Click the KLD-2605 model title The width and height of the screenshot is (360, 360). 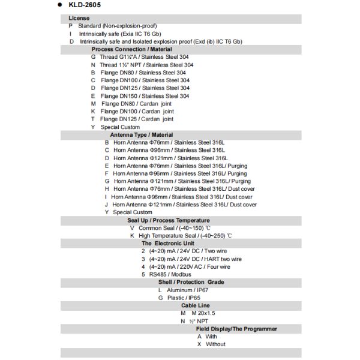click(84, 5)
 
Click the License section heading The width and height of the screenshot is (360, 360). click(79, 19)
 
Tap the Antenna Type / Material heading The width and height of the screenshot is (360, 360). click(142, 135)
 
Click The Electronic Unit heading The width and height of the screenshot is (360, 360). click(168, 244)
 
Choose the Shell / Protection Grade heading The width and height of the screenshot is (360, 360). click(191, 282)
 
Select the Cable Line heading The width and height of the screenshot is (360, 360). click(196, 305)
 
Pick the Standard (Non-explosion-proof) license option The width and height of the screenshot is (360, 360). click(117, 26)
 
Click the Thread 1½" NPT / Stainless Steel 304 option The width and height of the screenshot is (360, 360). click(146, 65)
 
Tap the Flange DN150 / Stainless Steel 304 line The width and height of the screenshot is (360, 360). click(145, 96)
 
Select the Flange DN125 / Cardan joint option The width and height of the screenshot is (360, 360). click(137, 119)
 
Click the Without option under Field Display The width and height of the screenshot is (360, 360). click(215, 344)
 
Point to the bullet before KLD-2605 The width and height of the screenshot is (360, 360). click(61, 5)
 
